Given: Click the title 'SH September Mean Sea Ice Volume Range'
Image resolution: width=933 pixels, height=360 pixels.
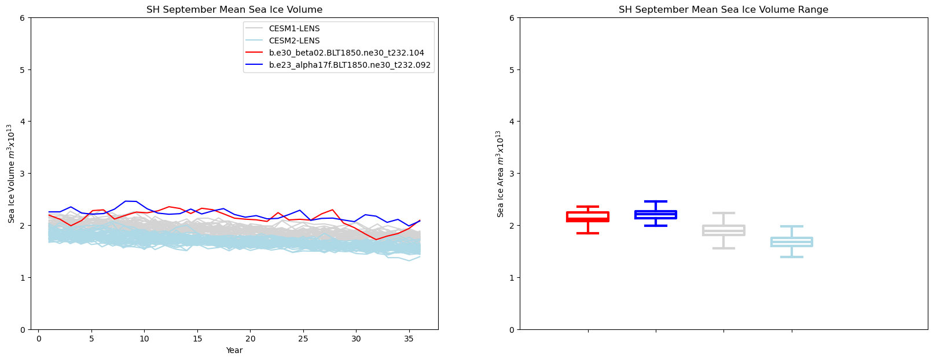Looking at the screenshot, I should (723, 10).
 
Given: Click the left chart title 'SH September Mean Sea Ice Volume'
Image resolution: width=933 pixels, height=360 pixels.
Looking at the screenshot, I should (234, 10).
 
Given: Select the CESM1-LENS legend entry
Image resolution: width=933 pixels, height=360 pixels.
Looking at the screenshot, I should (294, 28).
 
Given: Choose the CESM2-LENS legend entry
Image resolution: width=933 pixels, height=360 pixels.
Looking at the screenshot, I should (294, 41).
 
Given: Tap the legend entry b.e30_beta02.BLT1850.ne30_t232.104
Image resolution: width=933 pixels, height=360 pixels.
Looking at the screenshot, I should (346, 53).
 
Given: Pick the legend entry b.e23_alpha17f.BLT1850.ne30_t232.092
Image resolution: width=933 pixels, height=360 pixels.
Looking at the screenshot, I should (350, 65).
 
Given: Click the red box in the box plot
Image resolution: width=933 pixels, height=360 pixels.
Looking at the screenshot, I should (587, 216).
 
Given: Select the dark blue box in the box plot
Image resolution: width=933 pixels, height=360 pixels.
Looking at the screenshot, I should (656, 214).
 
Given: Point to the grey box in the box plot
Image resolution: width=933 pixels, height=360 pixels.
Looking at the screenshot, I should (723, 230).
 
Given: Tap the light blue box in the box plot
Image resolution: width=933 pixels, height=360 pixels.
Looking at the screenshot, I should (792, 241).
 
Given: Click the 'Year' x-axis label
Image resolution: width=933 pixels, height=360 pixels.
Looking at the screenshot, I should (234, 351).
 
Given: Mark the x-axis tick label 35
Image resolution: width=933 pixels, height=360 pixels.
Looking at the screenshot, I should (409, 339).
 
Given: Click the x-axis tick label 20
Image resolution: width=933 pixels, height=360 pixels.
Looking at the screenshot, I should (250, 339).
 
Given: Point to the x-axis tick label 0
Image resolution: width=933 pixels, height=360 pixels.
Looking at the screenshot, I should (39, 339).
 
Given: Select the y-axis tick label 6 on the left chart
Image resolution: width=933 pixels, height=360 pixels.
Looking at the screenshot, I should (21, 18).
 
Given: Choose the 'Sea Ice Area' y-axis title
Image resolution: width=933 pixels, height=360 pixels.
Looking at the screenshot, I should (500, 174).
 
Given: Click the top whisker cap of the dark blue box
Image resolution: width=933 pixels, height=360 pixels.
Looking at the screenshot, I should (656, 201).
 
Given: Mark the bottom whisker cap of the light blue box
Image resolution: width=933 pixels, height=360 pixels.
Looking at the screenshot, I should (792, 256).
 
